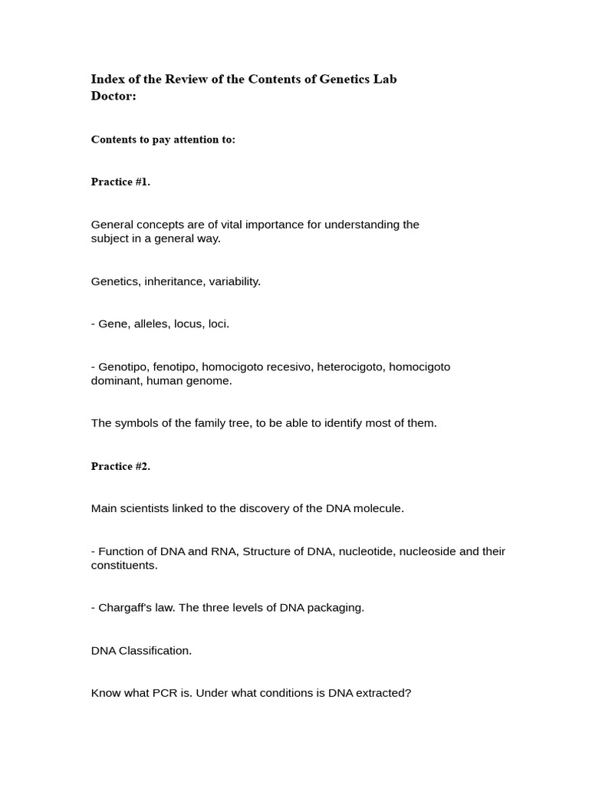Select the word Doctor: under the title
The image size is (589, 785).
[x=114, y=96]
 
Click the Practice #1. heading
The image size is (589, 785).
[x=120, y=182]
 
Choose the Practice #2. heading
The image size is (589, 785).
[x=120, y=466]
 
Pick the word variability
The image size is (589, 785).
[x=234, y=281]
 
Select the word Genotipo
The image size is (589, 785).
[x=123, y=366]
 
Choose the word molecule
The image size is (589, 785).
[x=378, y=508]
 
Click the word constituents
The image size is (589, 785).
[x=124, y=565]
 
